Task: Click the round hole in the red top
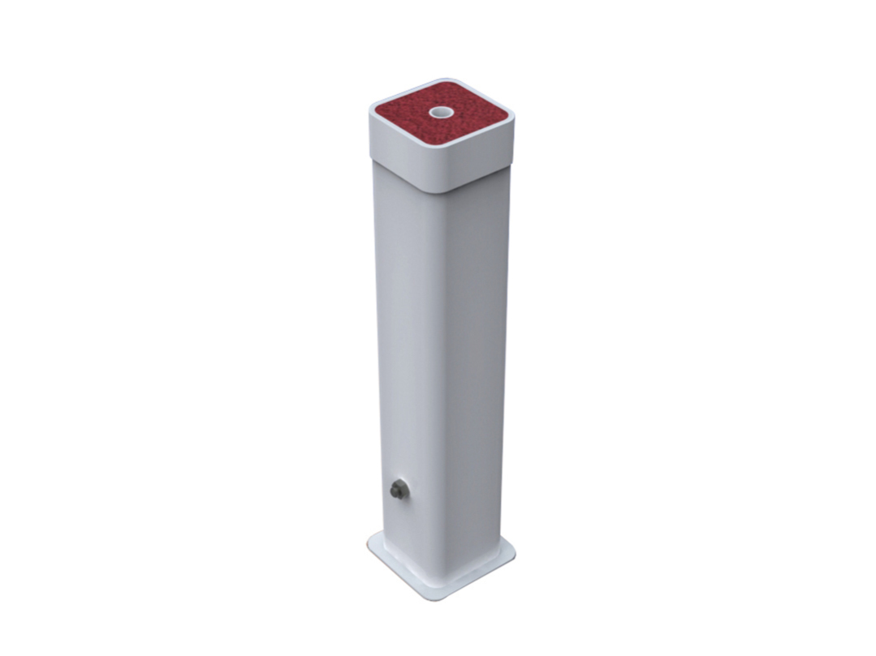coord(442,113)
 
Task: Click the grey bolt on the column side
coord(399,490)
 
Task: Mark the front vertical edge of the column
coord(443,365)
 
